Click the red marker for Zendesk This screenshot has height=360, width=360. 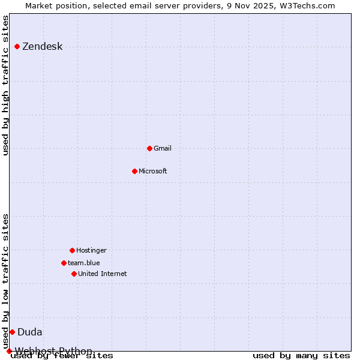[17, 46]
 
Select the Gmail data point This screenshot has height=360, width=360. [149, 148]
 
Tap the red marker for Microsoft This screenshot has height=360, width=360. [134, 171]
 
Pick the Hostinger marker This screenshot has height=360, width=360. [72, 250]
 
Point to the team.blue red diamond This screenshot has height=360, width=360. [64, 263]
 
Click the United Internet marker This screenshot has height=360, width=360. [74, 274]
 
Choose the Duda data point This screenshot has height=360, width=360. [12, 332]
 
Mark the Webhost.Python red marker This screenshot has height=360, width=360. [9, 351]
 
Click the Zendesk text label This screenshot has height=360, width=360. [42, 47]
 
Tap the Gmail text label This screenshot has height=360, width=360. [162, 148]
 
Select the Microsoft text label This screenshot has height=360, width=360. [152, 171]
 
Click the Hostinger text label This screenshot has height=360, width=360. [91, 250]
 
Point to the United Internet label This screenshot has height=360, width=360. [102, 274]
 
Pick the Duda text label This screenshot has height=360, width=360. [29, 332]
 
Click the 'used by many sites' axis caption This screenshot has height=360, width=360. [301, 356]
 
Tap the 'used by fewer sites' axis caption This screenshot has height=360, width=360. [62, 356]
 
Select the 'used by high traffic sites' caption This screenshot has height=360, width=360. [6, 85]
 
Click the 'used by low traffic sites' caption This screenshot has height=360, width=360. [6, 281]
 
